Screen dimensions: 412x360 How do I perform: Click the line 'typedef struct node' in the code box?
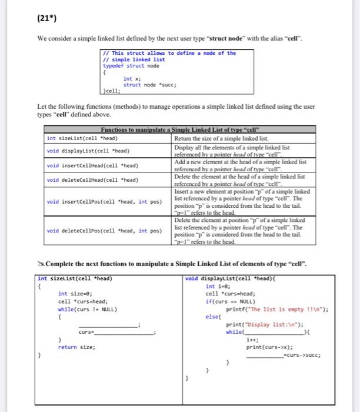(131, 66)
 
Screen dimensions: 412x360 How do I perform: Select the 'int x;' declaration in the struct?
(132, 79)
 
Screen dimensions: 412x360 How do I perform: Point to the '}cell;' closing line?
(112, 91)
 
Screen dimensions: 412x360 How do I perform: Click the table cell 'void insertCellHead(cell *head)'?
(92, 165)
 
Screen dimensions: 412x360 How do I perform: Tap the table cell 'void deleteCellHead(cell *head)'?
(92, 180)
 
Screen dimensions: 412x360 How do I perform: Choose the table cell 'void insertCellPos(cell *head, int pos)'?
(105, 202)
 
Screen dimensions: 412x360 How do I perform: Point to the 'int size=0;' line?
(75, 293)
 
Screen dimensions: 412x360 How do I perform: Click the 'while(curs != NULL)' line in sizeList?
(88, 308)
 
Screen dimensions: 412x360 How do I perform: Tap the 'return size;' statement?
(77, 347)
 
